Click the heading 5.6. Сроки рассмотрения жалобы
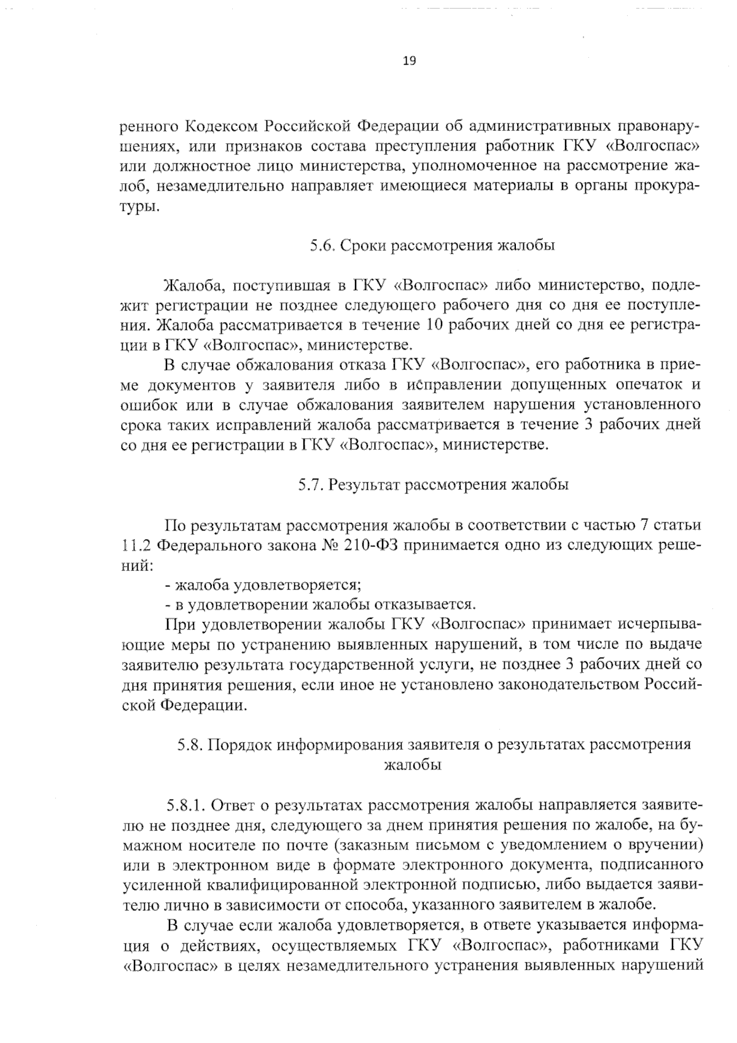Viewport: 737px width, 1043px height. coord(432,246)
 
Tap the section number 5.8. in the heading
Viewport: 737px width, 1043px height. coord(190,744)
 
